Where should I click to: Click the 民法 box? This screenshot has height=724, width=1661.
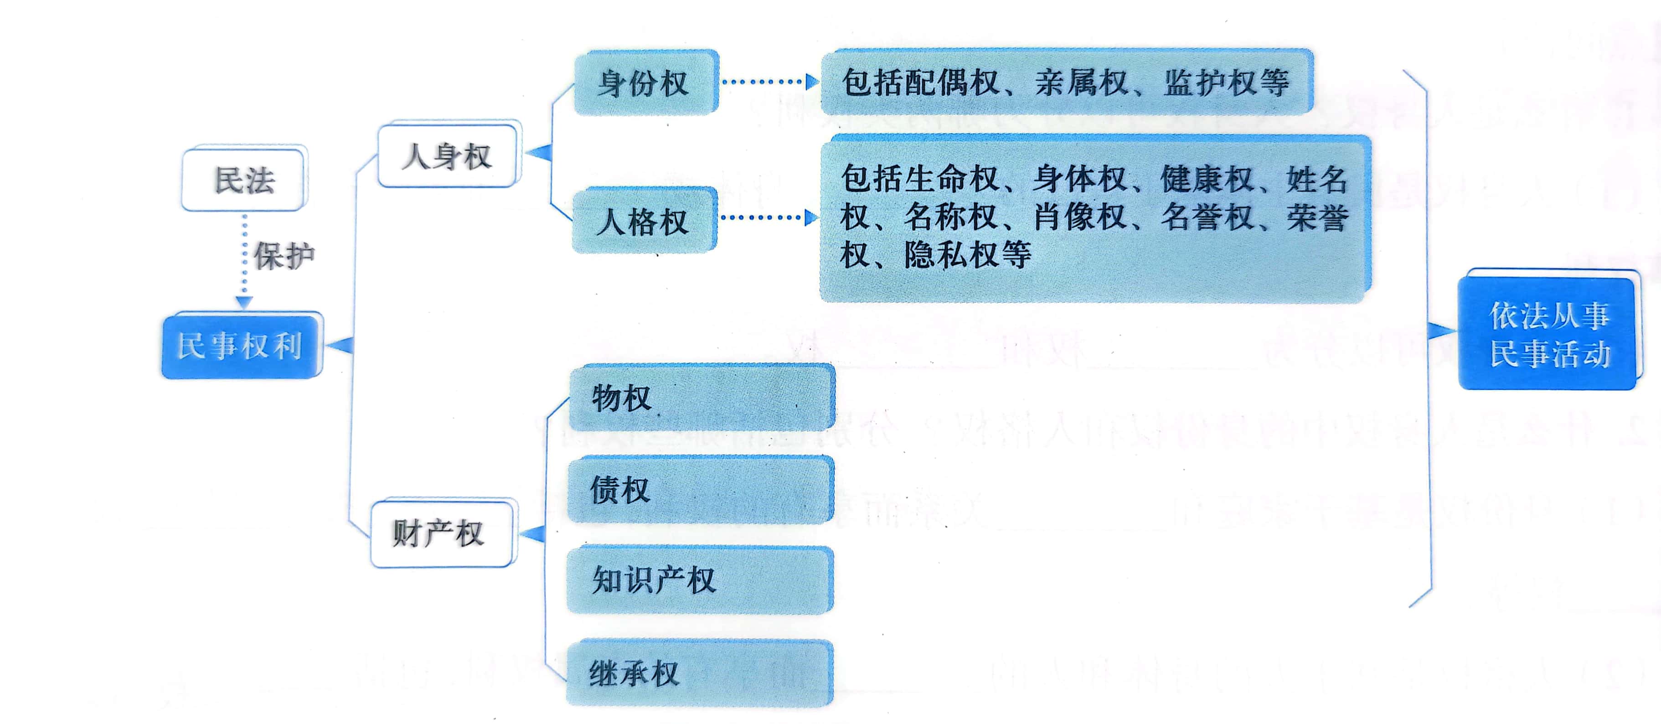point(244,179)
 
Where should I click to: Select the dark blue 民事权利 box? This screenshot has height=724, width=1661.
point(241,346)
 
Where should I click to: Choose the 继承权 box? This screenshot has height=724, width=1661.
point(699,673)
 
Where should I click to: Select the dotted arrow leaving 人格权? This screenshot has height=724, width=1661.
point(767,217)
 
